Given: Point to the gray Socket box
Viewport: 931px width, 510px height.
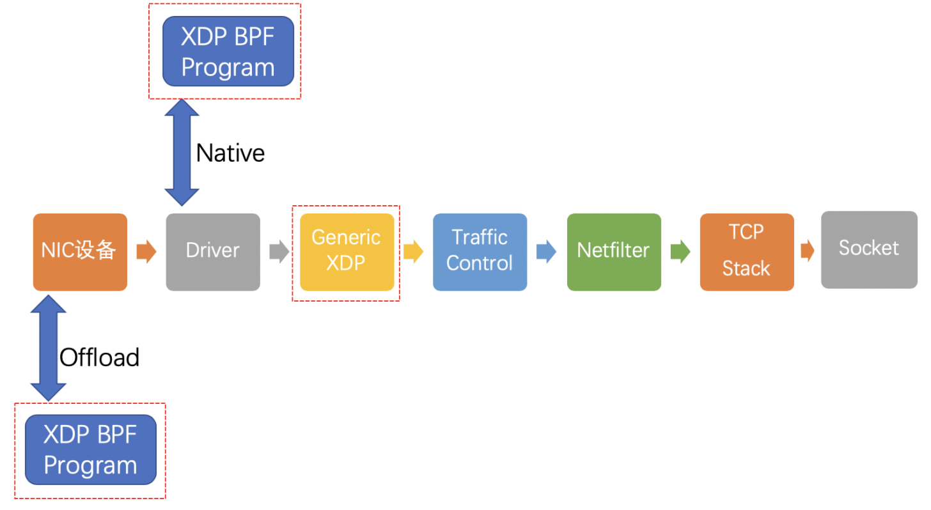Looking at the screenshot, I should click(869, 249).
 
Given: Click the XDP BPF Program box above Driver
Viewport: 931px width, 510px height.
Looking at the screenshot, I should click(228, 51).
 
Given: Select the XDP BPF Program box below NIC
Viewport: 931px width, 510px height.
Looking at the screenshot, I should click(91, 450).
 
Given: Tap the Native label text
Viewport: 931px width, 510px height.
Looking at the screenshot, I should click(230, 153).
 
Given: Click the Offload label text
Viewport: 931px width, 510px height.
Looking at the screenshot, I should click(99, 357).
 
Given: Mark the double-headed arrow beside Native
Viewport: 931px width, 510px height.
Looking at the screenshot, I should click(182, 152).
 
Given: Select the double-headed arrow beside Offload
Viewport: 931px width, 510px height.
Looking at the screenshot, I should click(49, 348).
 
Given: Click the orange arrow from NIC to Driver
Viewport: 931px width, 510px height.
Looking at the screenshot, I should click(146, 251).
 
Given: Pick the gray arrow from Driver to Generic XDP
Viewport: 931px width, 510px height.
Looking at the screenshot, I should click(279, 251).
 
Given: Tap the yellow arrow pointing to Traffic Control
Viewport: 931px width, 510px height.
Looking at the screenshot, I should click(413, 251).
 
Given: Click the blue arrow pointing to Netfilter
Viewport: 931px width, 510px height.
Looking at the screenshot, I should click(546, 251).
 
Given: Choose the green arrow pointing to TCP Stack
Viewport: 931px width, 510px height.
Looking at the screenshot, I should click(680, 251).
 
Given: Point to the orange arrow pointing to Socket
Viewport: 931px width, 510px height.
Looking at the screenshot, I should click(808, 251).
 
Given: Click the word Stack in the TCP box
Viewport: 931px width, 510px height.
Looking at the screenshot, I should click(746, 269).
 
